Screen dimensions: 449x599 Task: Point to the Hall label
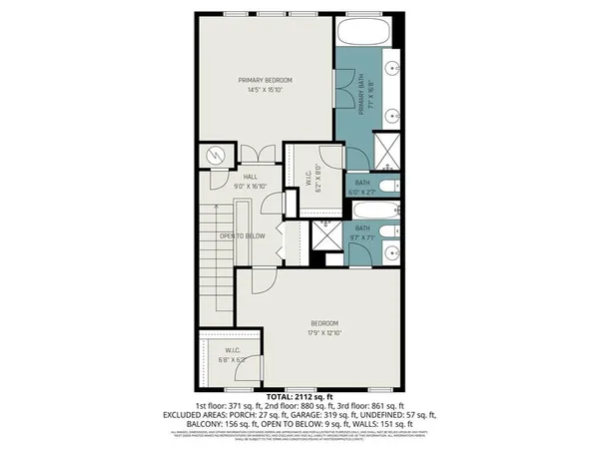pos(223,176)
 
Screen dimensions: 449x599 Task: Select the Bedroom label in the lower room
pos(323,323)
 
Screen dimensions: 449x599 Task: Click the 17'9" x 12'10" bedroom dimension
pos(323,333)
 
